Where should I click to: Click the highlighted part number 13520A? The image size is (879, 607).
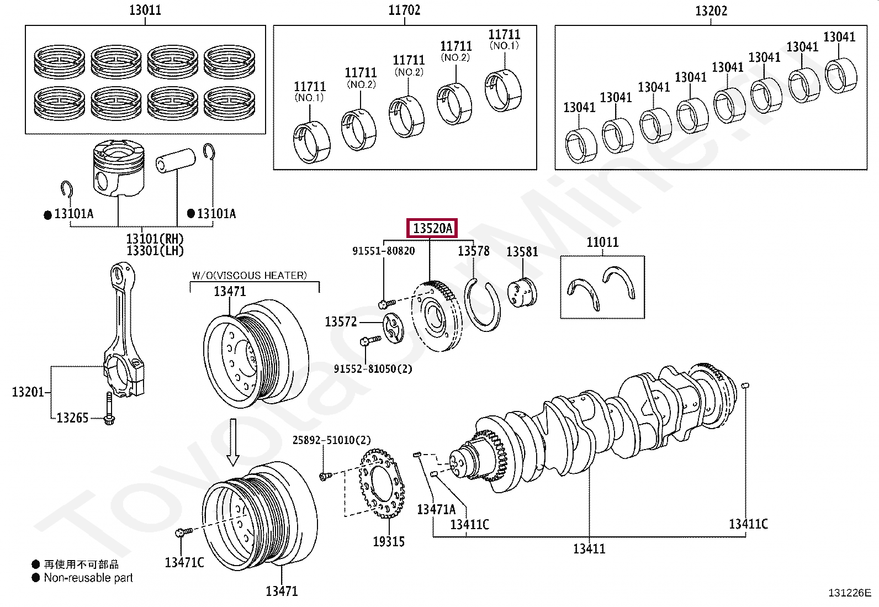click(x=432, y=228)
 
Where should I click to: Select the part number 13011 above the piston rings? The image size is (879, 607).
click(x=145, y=10)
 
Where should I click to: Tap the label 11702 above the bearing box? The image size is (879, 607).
click(x=404, y=10)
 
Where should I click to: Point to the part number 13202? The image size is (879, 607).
click(x=711, y=11)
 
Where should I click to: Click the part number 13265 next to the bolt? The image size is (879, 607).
click(x=72, y=418)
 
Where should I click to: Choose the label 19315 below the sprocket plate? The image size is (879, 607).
click(x=388, y=542)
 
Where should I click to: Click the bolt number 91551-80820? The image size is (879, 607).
click(x=383, y=251)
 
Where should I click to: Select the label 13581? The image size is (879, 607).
click(x=522, y=252)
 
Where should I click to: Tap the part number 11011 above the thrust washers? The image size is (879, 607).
click(x=602, y=242)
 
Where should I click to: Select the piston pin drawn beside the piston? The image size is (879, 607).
click(x=176, y=160)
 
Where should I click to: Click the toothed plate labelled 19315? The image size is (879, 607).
click(x=382, y=484)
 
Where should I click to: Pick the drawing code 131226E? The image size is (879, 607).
click(x=849, y=593)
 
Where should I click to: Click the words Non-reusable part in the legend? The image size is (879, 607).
click(x=88, y=578)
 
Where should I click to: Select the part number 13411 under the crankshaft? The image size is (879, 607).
click(x=589, y=548)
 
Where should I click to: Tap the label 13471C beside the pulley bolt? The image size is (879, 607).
click(x=184, y=562)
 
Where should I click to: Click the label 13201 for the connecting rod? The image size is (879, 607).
click(x=28, y=392)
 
